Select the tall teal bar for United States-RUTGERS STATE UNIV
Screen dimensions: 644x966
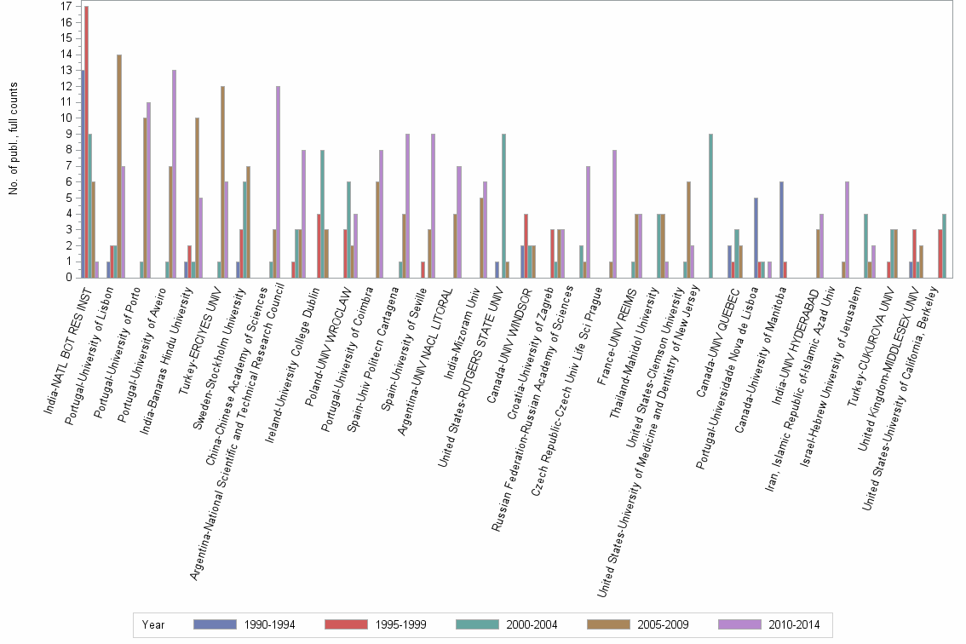click(503, 205)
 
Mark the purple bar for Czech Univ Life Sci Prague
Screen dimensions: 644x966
click(614, 214)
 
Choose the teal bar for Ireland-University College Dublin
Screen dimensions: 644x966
click(323, 214)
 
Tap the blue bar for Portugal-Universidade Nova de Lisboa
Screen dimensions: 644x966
click(755, 238)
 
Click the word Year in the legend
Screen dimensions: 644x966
click(154, 624)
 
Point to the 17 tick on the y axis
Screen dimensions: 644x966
click(66, 6)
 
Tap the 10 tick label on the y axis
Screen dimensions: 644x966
click(66, 118)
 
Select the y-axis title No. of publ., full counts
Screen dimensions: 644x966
click(14, 139)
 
